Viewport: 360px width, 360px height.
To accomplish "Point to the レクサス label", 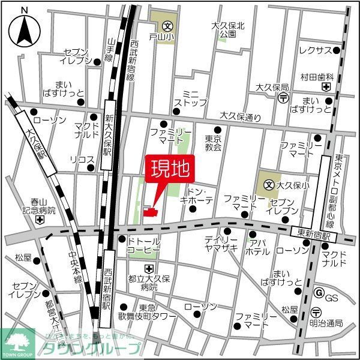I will [315, 50].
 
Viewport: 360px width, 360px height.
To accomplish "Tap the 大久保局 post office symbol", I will [284, 98].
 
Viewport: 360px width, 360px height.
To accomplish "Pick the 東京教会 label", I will [213, 142].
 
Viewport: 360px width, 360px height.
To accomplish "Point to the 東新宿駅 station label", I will [314, 231].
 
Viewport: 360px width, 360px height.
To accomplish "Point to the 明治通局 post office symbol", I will [316, 310].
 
